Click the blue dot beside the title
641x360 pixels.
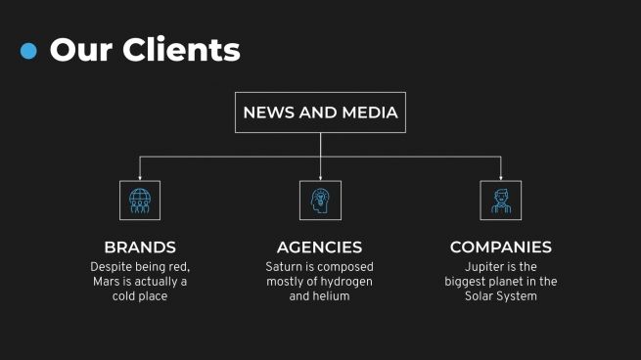[x=28, y=51]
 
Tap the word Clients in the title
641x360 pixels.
[x=180, y=49]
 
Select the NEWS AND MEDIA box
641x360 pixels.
[x=320, y=112]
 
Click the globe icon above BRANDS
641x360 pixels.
[x=140, y=200]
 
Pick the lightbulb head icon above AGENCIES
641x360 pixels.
[x=320, y=200]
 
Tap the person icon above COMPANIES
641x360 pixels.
[x=500, y=200]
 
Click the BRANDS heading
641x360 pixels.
[x=140, y=247]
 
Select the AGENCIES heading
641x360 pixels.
[x=319, y=247]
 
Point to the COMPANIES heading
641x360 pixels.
[x=500, y=247]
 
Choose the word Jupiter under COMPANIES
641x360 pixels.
[x=487, y=267]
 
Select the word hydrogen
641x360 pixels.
[x=346, y=282]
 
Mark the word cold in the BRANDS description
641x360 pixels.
[x=128, y=296]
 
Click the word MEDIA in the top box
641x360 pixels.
[x=370, y=112]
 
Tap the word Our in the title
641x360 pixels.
[x=78, y=49]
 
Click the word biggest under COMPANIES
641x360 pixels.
[x=467, y=282]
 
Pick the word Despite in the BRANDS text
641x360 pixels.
[x=112, y=267]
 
